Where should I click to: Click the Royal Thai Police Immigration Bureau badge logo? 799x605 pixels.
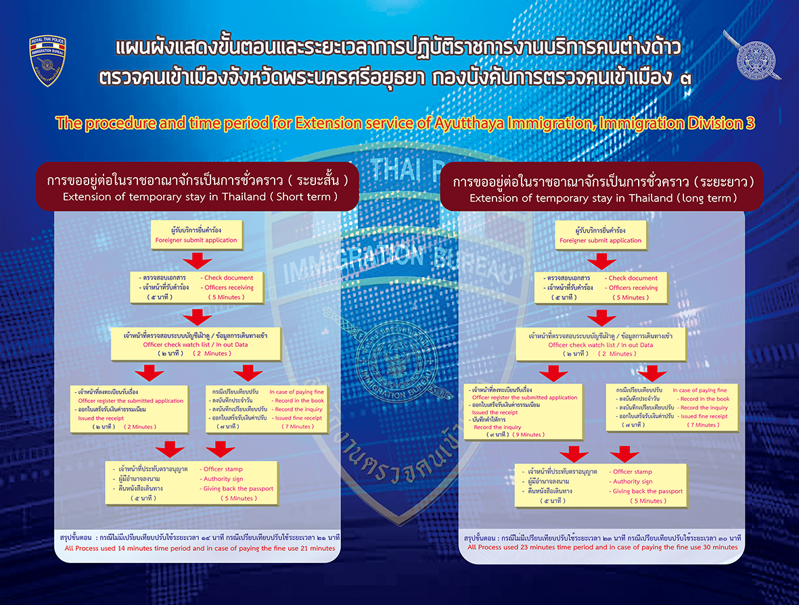pyautogui.click(x=47, y=61)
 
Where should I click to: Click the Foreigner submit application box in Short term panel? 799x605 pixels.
pyautogui.click(x=196, y=235)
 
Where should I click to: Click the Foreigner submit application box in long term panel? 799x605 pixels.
pyautogui.click(x=600, y=235)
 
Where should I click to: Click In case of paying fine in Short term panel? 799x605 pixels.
pyautogui.click(x=296, y=391)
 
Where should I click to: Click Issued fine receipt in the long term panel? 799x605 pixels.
pyautogui.click(x=704, y=416)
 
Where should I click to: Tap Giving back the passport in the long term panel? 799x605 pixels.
pyautogui.click(x=647, y=491)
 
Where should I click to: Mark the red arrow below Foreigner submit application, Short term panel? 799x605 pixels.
pyautogui.click(x=198, y=261)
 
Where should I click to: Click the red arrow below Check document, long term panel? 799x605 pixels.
pyautogui.click(x=601, y=318)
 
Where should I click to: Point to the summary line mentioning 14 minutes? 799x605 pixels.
pyautogui.click(x=200, y=548)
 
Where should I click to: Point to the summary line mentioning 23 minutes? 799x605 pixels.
pyautogui.click(x=602, y=547)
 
